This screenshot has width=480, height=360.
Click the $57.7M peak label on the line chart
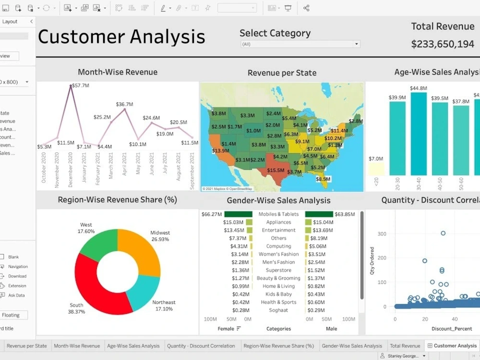coord(80,85)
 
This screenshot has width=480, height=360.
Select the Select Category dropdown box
coord(300,44)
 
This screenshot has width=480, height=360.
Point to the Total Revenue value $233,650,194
coord(443,44)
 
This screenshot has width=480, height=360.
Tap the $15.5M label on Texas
coord(276,170)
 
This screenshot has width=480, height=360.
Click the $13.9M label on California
coord(220,151)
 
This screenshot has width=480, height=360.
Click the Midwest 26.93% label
coord(160,236)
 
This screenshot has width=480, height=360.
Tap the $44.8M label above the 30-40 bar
coord(419,88)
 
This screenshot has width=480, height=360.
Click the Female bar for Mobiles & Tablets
coord(238,215)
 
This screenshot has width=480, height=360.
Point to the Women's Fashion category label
coord(278,254)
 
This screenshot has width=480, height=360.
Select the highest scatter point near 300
coord(443,233)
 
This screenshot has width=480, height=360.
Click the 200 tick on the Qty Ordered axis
coord(382,258)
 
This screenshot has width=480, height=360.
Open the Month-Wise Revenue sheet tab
coord(77,346)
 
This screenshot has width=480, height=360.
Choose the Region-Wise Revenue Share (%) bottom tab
coord(278,346)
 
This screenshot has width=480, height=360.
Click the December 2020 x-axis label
coord(71,171)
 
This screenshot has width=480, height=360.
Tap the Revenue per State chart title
coord(282,73)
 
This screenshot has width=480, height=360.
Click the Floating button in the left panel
coord(12,315)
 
